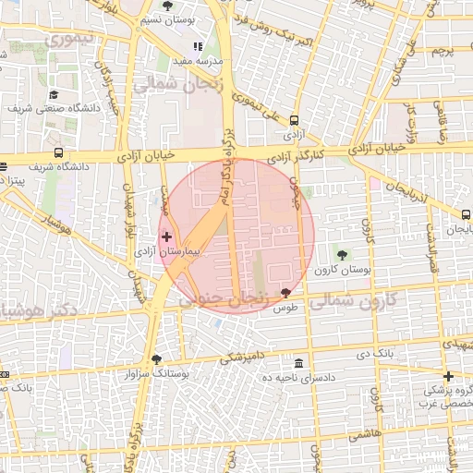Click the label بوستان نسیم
(166, 20)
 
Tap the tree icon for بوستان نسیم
(166, 6)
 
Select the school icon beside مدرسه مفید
(197, 45)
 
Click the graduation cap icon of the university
(54, 94)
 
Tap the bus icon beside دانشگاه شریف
(59, 152)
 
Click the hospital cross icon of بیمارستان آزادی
(166, 237)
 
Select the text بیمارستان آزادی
(181, 251)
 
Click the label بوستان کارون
(343, 270)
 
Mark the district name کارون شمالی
(351, 300)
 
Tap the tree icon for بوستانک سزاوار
(155, 359)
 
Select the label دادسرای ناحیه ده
(297, 378)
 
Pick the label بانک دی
(374, 353)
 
